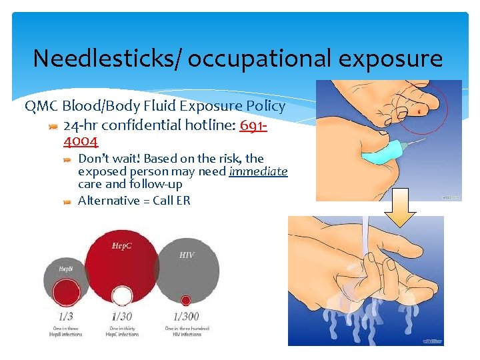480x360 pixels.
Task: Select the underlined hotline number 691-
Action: point(253,125)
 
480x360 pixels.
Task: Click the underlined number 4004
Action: point(81,141)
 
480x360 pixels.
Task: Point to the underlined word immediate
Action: point(258,171)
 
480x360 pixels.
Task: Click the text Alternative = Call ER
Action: point(134,201)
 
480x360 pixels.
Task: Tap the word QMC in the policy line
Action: point(41,106)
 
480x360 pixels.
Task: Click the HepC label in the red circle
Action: point(122,247)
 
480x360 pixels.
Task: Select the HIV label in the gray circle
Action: point(186,255)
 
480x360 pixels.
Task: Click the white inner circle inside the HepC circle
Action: point(121,295)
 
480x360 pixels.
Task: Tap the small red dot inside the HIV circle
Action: point(185,300)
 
